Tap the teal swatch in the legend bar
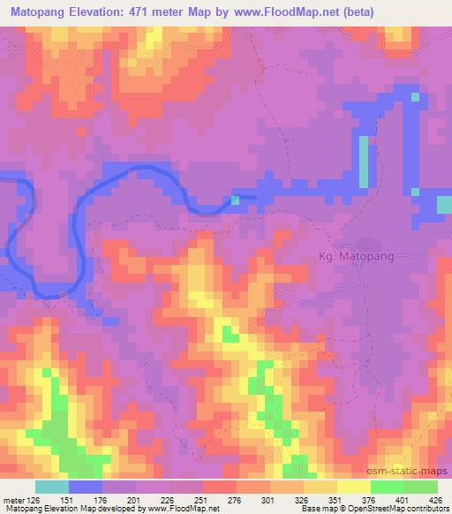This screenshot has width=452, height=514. click(52, 488)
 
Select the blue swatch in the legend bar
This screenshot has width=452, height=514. click(86, 488)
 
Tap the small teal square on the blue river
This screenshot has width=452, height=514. click(235, 200)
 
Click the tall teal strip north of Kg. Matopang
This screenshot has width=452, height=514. click(363, 162)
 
